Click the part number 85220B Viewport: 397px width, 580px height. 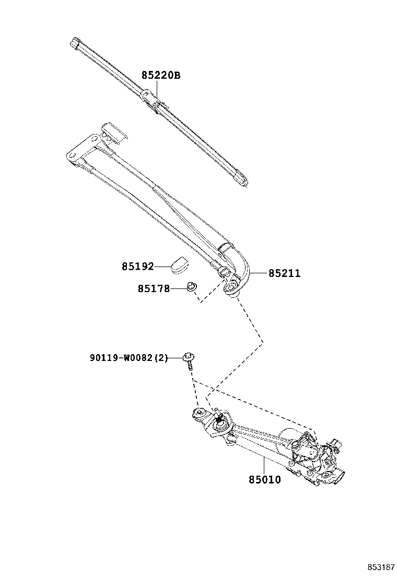pos(160,76)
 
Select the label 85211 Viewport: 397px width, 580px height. pos(284,273)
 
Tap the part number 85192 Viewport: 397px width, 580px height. pos(138,267)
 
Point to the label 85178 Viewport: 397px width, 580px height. pos(154,288)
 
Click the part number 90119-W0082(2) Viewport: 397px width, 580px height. pos(128,358)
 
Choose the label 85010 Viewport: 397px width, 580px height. pos(264,479)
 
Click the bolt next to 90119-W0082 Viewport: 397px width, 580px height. pos(189,360)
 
